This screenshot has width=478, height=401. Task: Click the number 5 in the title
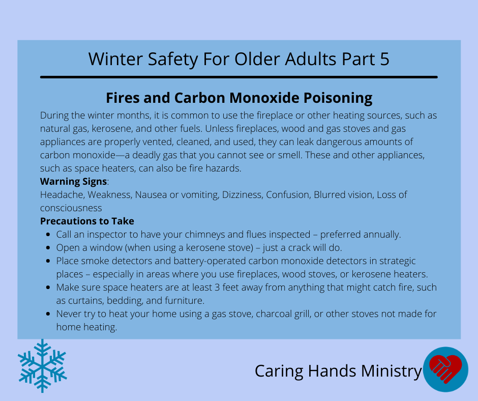click(385, 59)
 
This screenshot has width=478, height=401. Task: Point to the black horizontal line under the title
click(238, 77)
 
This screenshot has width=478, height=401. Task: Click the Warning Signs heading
click(73, 182)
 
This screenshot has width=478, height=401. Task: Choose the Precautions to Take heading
click(87, 221)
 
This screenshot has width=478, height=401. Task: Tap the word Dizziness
click(243, 195)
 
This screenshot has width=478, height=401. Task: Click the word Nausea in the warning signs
click(151, 195)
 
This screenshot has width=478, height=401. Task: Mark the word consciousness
click(71, 208)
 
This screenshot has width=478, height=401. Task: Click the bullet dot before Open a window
click(48, 247)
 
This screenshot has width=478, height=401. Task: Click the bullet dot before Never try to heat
click(48, 313)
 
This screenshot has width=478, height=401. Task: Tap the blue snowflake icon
click(42, 365)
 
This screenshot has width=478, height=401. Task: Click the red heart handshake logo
click(445, 369)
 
